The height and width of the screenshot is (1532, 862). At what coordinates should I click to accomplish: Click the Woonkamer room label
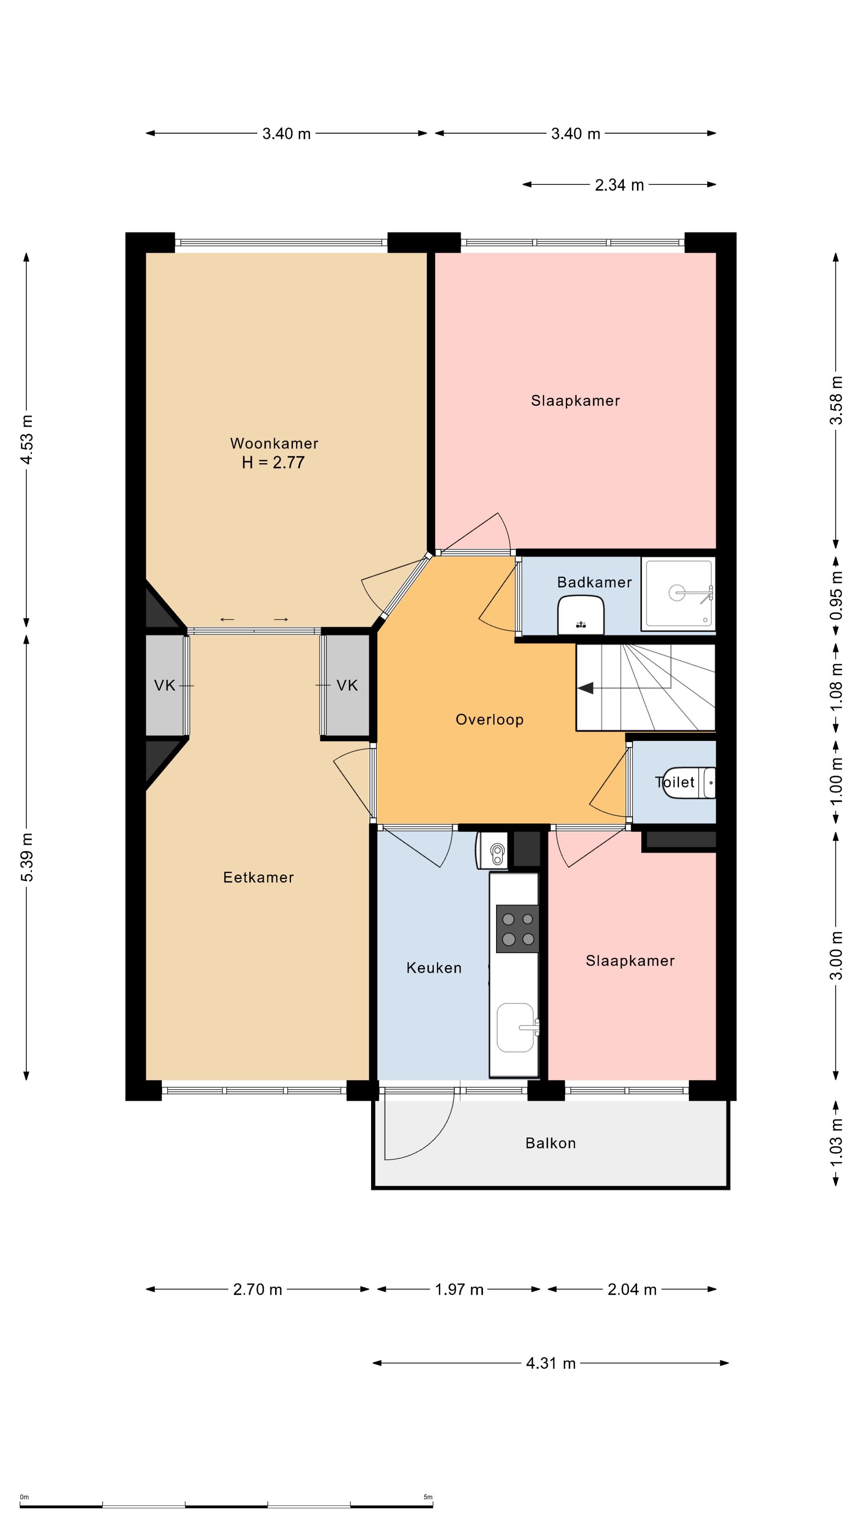[274, 443]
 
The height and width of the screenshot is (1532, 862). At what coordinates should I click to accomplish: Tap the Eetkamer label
[258, 877]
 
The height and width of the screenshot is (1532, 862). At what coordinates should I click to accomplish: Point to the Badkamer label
[594, 582]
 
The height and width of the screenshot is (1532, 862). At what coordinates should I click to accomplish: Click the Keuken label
[434, 967]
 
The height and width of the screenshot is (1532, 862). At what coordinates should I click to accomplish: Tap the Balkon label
[550, 1143]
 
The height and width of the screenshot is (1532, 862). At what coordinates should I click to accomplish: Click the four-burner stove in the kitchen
[517, 929]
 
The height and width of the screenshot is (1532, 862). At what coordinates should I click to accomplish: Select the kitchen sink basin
[516, 1028]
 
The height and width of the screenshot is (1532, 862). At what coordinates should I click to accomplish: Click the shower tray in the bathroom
[678, 593]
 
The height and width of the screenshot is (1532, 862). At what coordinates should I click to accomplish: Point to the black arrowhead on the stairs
[586, 688]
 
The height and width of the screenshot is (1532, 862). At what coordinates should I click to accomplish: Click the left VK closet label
[165, 686]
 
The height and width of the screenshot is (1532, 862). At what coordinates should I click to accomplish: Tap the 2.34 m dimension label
[619, 185]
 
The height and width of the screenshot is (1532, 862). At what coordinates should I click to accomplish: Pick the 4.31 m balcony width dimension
[551, 1363]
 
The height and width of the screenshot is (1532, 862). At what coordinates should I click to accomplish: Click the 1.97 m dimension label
[459, 1289]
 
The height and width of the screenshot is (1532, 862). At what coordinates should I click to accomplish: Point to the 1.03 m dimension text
[836, 1142]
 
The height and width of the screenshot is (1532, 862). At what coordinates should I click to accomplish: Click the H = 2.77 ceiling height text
[273, 463]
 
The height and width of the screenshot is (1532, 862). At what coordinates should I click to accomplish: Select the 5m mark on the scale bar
[428, 1497]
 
